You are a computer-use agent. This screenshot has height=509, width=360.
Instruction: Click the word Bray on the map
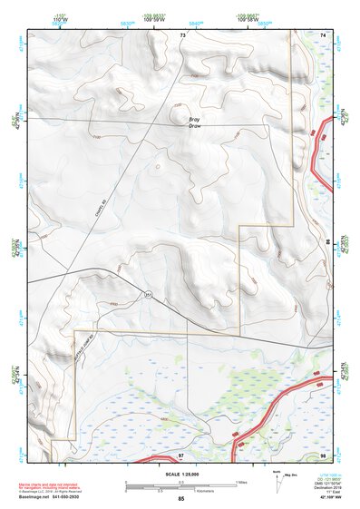click(x=194, y=119)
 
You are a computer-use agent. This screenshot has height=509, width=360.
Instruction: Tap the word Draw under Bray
click(x=194, y=126)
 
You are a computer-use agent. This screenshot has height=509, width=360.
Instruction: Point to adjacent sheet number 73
click(x=182, y=34)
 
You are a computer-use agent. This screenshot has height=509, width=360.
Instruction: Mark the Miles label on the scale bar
click(x=241, y=481)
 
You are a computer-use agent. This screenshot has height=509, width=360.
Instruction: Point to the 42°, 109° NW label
click(x=330, y=499)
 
